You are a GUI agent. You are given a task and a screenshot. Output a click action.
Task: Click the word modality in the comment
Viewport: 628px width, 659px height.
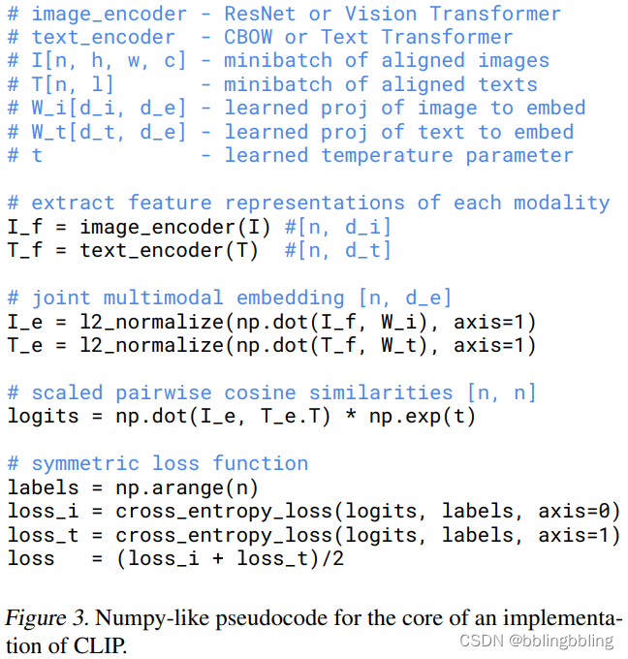pos(568,203)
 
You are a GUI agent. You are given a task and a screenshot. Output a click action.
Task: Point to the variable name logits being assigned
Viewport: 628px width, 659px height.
pos(43,416)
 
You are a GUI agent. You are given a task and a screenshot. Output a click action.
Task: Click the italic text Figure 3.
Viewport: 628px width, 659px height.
pos(46,617)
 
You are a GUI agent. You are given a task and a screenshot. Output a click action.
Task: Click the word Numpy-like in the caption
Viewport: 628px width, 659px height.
pos(150,617)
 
